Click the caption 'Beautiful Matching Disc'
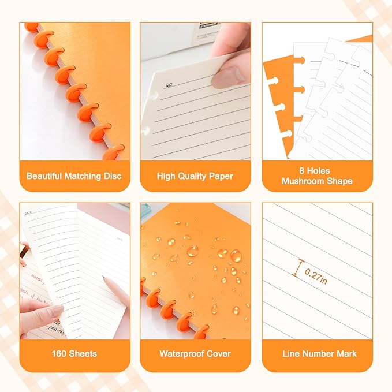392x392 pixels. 74,176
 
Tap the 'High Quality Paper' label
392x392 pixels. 195,176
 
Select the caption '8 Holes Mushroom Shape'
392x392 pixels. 317,176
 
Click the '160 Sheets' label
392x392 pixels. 74,353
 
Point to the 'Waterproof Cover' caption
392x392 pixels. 195,353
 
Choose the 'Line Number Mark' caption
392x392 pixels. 317,353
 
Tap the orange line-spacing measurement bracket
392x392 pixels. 298,268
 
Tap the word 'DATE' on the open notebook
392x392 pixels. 28,213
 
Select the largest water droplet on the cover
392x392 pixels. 192,251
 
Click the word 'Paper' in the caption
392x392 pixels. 220,176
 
